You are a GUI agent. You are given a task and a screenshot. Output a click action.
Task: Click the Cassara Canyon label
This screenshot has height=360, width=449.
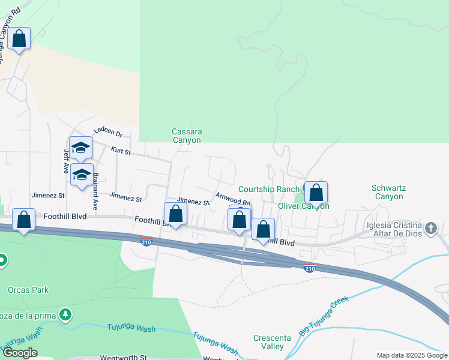coord(187,136)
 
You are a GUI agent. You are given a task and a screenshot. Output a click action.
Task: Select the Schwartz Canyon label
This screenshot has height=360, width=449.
coord(388,192)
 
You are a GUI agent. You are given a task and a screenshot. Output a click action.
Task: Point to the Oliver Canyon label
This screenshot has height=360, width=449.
coord(303,206)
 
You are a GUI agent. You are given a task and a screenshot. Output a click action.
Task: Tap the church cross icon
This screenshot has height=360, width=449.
coord(430,228)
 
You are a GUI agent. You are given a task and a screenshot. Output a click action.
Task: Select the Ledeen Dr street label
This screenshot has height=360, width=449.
coord(108,133)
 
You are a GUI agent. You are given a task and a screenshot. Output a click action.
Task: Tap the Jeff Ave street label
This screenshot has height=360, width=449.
coord(67,161)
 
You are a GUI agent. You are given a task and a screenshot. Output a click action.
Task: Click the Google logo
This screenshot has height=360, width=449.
coord(20,353)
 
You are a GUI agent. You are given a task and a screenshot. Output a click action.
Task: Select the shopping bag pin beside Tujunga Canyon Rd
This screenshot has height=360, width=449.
coord(19,39)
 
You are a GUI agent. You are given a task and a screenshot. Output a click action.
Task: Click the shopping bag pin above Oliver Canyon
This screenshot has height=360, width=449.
coord(316,193)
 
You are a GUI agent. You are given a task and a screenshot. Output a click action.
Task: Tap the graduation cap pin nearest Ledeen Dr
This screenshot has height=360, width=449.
coord(80,148)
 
